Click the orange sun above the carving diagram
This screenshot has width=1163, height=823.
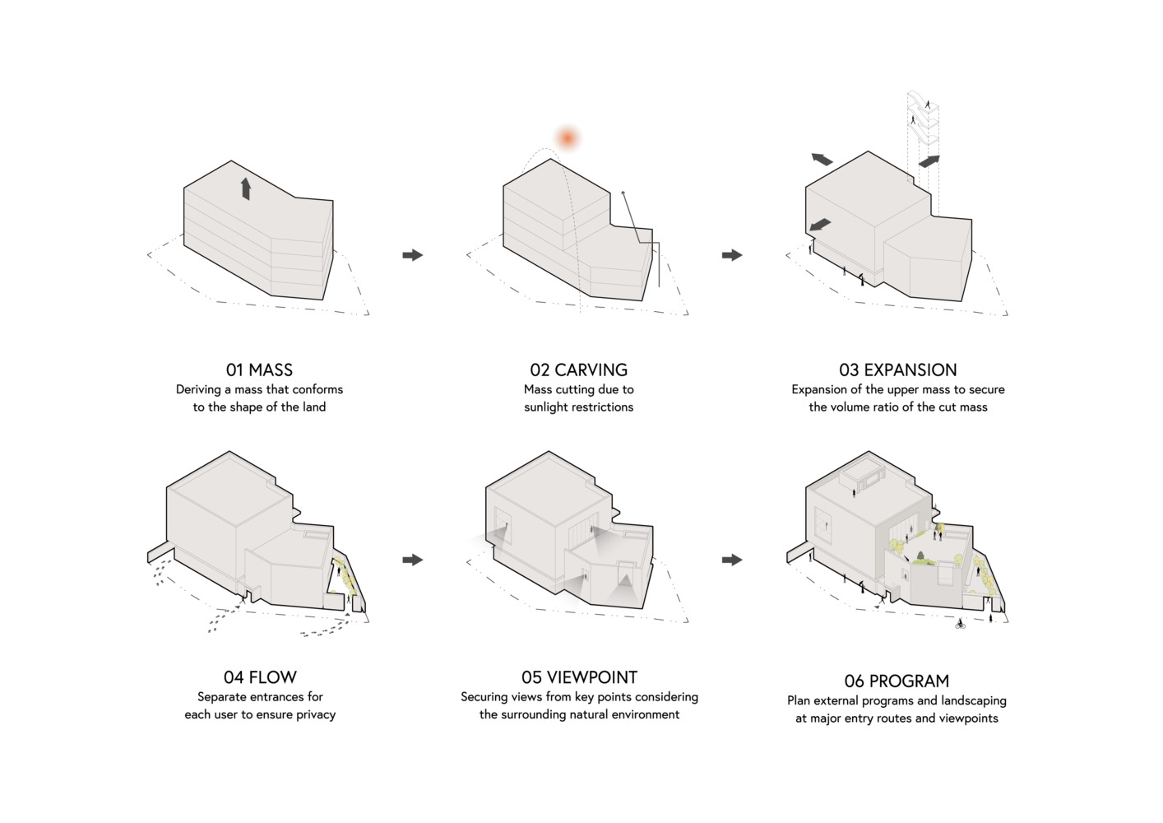(568, 138)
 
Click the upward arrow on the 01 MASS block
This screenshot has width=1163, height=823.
(246, 188)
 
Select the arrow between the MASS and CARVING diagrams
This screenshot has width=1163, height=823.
(413, 255)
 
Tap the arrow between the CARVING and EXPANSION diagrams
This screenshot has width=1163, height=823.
(732, 255)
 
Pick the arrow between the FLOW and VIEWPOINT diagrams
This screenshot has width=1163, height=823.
(413, 560)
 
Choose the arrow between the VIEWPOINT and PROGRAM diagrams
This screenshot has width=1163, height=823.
(732, 560)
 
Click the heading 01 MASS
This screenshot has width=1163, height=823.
(260, 370)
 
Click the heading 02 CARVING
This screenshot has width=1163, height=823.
(579, 370)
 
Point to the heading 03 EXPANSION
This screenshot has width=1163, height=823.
(898, 370)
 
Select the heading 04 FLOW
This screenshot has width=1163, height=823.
(260, 677)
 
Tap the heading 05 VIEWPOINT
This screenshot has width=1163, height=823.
(579, 677)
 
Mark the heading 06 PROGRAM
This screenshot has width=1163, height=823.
(897, 681)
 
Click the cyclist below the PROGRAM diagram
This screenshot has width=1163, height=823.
(960, 624)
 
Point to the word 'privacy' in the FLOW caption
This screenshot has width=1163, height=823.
(316, 715)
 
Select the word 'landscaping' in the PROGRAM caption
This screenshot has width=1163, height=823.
(974, 701)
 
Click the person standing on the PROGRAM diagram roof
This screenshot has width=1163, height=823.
(854, 492)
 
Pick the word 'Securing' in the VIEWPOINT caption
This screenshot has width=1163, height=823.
(484, 697)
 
